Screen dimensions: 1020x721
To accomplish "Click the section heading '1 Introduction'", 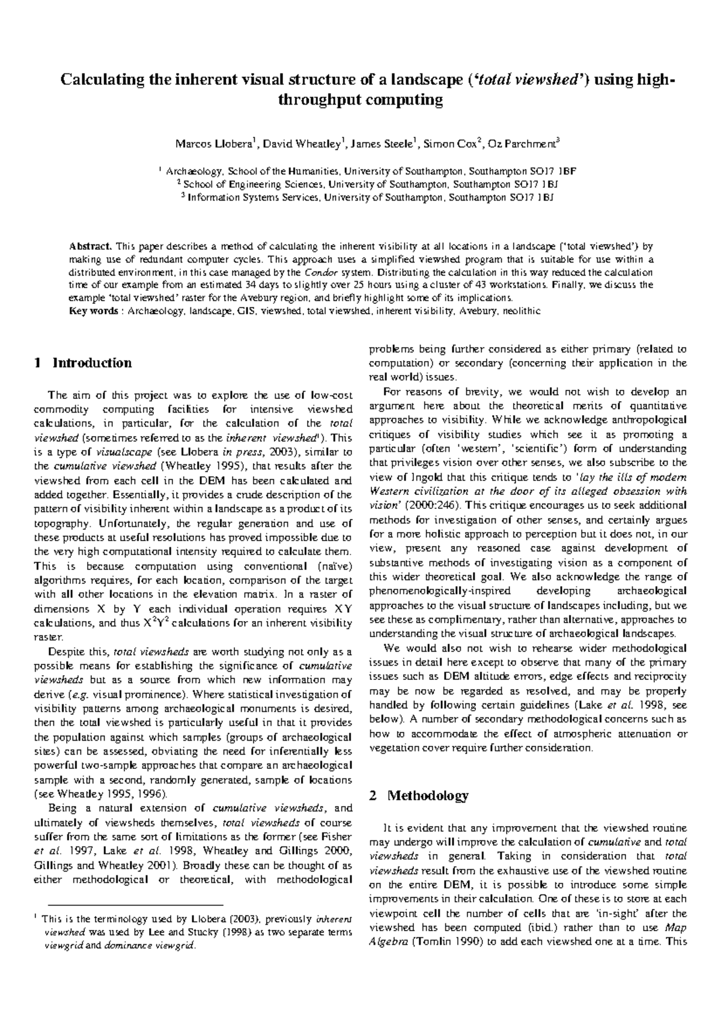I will (x=83, y=363).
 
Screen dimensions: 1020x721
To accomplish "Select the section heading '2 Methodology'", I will (x=418, y=796).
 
